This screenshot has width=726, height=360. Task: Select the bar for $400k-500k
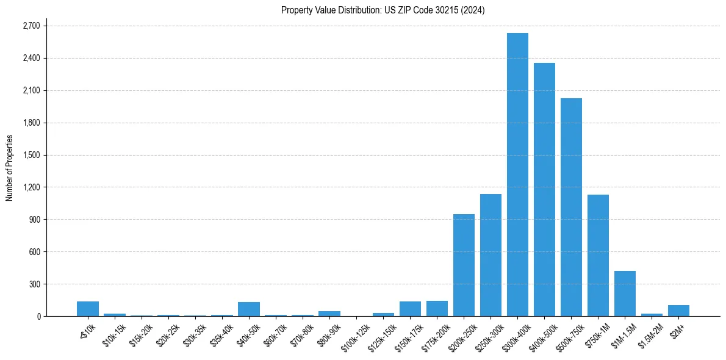(544, 189)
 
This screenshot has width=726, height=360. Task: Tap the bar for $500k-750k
(571, 207)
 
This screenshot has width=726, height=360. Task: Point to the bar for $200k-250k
(464, 265)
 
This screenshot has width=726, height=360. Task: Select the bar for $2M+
(678, 311)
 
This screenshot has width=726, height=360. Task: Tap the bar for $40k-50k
(249, 309)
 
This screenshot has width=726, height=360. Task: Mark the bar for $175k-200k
(437, 309)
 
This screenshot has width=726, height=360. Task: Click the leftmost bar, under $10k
(88, 309)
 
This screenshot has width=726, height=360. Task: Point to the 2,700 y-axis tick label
(31, 26)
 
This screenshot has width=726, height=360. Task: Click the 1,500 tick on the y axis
(31, 155)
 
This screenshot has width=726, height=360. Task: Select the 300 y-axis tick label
(34, 284)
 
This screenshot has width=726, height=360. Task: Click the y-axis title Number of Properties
(9, 168)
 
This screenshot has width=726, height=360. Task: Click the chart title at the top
(383, 10)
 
